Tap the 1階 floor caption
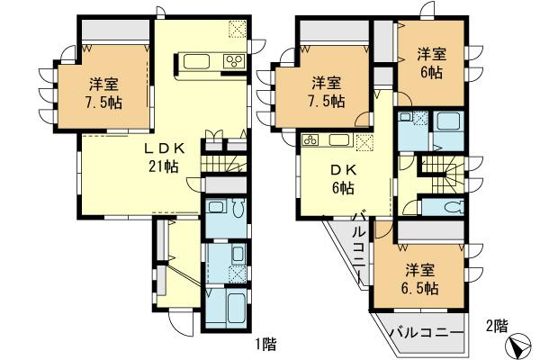[x=265, y=343]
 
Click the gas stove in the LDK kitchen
[x=233, y=61]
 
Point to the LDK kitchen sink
[x=197, y=61]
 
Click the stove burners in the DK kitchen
[x=310, y=139]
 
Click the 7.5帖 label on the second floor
[x=324, y=93]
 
